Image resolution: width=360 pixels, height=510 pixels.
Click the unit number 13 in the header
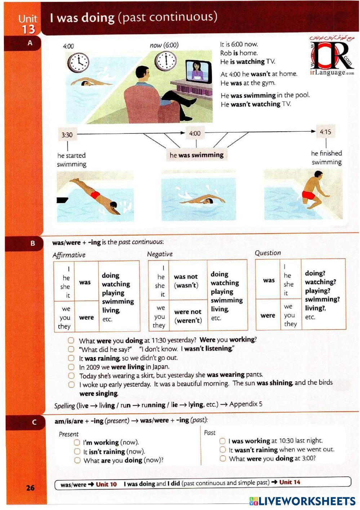pos(28,29)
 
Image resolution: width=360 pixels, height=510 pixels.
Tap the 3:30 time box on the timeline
pos(67,135)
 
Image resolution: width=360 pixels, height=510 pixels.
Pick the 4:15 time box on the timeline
pos(325,132)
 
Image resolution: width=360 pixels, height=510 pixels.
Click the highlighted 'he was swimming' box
pos(196,155)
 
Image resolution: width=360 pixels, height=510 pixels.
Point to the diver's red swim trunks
pos(95,195)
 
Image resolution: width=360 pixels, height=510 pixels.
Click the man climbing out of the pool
pos(311,195)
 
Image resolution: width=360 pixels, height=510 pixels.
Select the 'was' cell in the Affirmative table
pos(85,282)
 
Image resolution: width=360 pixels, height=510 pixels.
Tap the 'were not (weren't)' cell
pos(188,316)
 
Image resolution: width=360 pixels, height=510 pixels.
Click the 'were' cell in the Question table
pos(268,315)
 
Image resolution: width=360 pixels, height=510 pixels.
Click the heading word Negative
pos(160,254)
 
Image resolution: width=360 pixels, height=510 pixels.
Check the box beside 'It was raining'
pos(71,358)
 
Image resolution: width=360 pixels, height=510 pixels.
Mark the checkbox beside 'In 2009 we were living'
pos(71,367)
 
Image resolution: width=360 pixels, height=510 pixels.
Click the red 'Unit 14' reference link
pos(289,482)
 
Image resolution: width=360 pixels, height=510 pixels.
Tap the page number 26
pos(30,488)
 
